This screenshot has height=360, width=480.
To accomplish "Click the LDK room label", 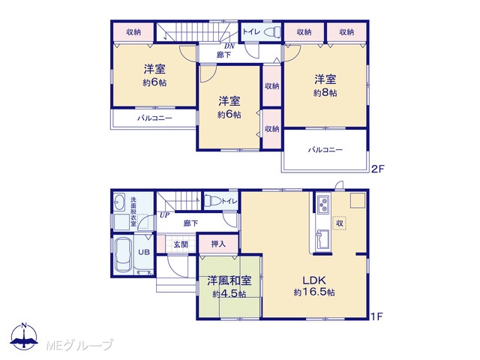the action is pyautogui.click(x=314, y=280).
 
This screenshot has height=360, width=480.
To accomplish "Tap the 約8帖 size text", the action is pyautogui.click(x=325, y=92).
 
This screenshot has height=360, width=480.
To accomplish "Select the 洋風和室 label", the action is pyautogui.click(x=229, y=280).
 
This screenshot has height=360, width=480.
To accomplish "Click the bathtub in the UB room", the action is pyautogui.click(x=124, y=255).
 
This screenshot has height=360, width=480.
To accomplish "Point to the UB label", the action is pyautogui.click(x=144, y=252).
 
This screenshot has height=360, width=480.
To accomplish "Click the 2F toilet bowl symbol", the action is pyautogui.click(x=271, y=31).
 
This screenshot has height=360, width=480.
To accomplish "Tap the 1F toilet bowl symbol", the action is pyautogui.click(x=213, y=201).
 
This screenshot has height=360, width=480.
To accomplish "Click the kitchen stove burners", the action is pyautogui.click(x=323, y=205).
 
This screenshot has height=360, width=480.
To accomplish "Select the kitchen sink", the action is pyautogui.click(x=322, y=239).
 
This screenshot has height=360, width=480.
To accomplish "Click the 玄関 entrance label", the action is pyautogui.click(x=181, y=244).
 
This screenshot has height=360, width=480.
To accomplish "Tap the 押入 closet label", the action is pyautogui.click(x=218, y=244).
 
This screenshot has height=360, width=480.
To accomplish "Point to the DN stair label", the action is pyautogui.click(x=229, y=46).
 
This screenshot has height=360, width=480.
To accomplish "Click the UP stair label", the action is pyautogui.click(x=164, y=215).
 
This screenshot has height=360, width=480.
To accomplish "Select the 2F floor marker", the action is pyautogui.click(x=377, y=169).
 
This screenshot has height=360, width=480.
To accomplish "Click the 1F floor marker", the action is pyautogui.click(x=376, y=316).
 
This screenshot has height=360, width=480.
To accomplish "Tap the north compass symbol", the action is pyautogui.click(x=24, y=336).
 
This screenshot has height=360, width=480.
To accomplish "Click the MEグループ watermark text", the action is pyautogui.click(x=79, y=345).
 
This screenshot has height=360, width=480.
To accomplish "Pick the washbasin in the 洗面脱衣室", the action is pyautogui.click(x=119, y=202).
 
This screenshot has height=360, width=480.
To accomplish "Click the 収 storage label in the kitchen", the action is pyautogui.click(x=340, y=223).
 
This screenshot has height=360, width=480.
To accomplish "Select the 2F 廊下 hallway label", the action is pyautogui.click(x=223, y=55).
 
